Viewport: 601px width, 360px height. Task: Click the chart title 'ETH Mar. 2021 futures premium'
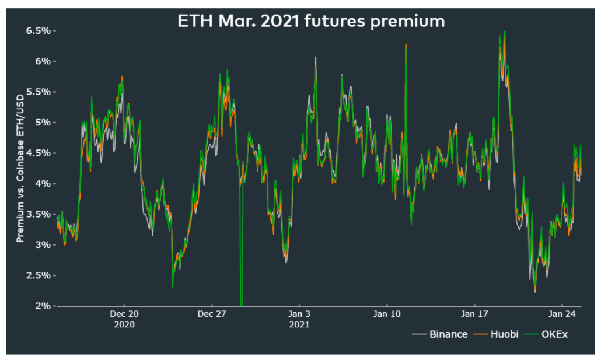311,22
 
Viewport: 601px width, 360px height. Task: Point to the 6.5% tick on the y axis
40,30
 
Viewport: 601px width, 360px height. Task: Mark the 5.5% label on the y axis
40,92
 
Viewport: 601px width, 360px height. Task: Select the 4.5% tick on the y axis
40,153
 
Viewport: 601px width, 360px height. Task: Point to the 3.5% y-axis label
40,214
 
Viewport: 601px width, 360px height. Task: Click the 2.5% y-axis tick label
40,275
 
